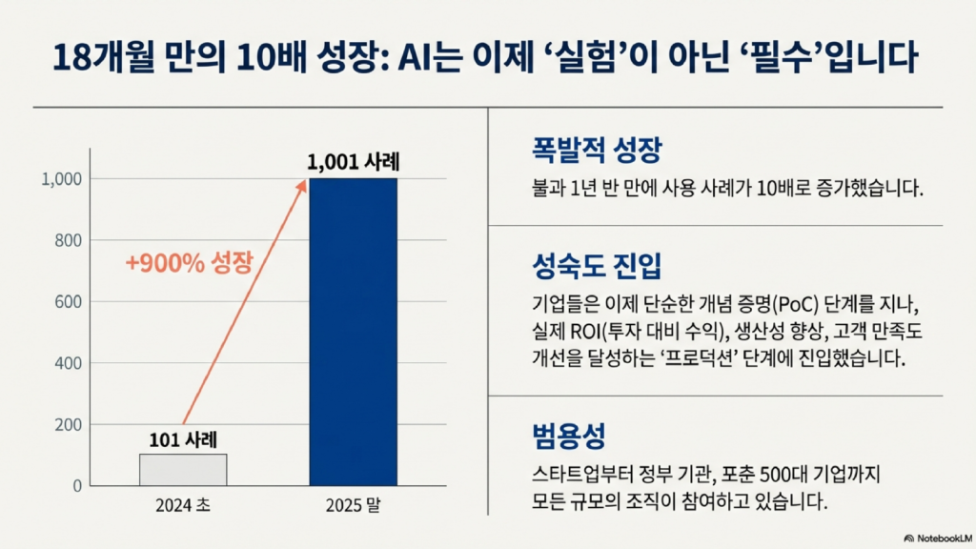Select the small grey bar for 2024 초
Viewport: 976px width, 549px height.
(x=183, y=469)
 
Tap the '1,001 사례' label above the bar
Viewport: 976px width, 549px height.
(x=353, y=162)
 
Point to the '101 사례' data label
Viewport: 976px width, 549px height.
(x=183, y=440)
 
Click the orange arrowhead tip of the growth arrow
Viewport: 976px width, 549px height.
(x=305, y=181)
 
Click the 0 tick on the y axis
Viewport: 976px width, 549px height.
(x=76, y=486)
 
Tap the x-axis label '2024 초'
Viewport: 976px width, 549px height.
(x=183, y=506)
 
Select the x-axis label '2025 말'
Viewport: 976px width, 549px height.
(x=353, y=506)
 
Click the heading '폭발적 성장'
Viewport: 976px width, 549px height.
(x=583, y=152)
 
